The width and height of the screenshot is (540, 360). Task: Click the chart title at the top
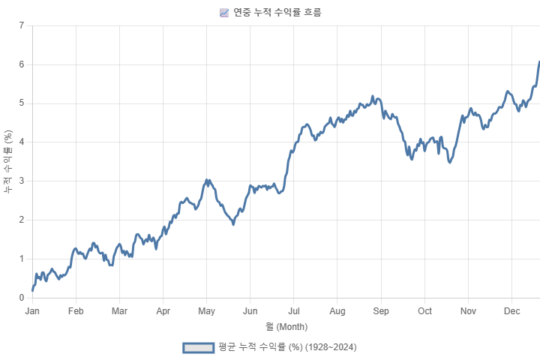click(x=277, y=12)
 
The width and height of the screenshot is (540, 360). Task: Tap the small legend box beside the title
click(x=223, y=12)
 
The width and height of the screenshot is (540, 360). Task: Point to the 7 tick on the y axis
click(x=22, y=25)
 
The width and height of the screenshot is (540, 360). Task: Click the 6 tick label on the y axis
click(x=22, y=64)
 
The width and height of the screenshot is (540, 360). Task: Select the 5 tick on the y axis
click(x=22, y=103)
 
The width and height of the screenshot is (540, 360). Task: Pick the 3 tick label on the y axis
click(x=22, y=181)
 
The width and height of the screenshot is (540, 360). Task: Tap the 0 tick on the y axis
click(x=22, y=297)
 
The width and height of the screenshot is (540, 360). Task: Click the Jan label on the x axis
click(x=31, y=310)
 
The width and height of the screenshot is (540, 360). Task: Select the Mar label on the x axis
click(x=119, y=310)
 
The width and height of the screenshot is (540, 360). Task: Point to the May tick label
click(x=206, y=310)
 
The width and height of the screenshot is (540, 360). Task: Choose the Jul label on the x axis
click(x=294, y=310)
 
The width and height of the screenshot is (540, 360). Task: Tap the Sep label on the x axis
click(x=381, y=310)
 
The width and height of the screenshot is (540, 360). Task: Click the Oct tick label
click(x=425, y=310)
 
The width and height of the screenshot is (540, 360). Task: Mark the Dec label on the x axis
click(x=512, y=310)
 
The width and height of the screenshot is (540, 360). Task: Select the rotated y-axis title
click(x=7, y=161)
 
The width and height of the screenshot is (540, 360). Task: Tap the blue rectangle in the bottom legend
click(x=199, y=347)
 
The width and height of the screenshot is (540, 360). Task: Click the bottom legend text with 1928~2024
click(x=286, y=347)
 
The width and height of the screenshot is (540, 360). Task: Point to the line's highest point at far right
click(x=538, y=61)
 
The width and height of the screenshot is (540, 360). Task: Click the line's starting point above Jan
click(x=32, y=289)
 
